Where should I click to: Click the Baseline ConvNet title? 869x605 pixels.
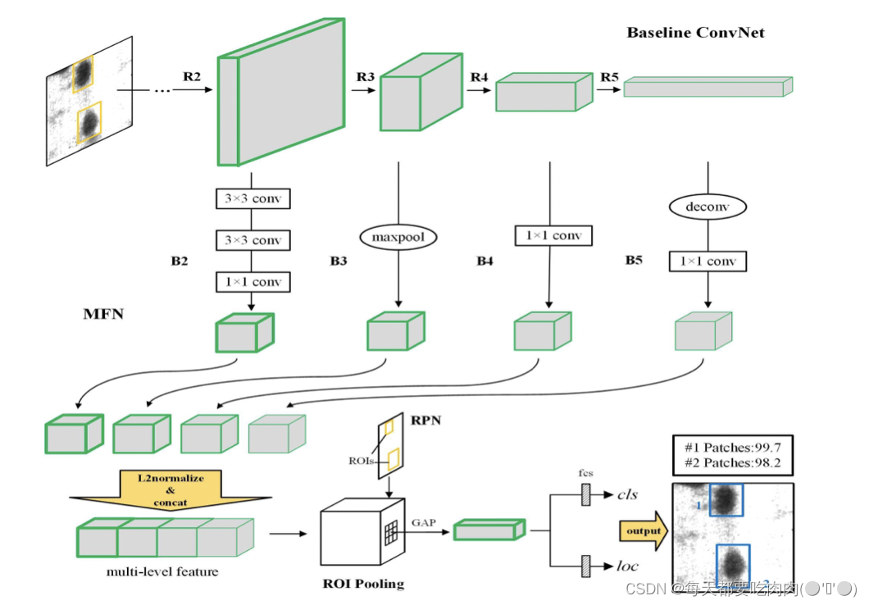point(696,33)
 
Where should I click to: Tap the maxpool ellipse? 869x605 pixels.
point(398,238)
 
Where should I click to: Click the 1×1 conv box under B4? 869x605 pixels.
point(553,236)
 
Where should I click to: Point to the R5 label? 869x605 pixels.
point(609,77)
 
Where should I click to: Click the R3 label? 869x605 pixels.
point(366,77)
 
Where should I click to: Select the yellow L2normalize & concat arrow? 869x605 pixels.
point(170,490)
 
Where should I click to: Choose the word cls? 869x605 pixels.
point(628,494)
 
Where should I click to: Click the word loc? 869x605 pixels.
point(627,565)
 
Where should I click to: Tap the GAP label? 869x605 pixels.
point(424,521)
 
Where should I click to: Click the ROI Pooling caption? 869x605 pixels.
point(363,584)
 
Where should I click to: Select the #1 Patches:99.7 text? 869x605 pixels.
point(731,448)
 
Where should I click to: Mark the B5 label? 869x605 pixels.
point(634,261)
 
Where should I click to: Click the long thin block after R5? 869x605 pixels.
point(707,87)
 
